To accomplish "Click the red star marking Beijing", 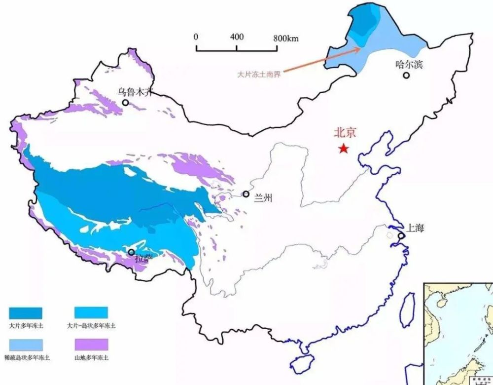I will pos(343,149).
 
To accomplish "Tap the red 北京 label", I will pos(345,132).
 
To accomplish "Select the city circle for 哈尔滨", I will pos(406,75).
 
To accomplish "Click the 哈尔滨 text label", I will pos(409,64).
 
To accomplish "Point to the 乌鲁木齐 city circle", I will pos(126,103).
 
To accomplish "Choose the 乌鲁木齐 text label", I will pos(132,91).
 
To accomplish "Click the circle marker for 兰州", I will pos(246,194).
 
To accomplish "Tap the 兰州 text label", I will pos(263,198).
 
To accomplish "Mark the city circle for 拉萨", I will pos(131,252).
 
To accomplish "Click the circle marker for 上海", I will pos(401,236).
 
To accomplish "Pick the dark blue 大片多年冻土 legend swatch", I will pos(26,313).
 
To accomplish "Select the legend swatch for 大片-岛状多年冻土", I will pos(91,313).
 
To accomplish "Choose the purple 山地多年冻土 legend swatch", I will pos(91,344).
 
